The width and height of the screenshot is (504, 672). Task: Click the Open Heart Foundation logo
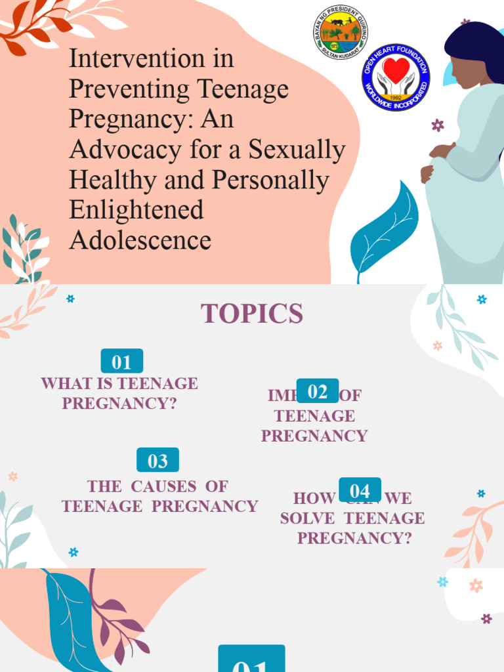[396, 77]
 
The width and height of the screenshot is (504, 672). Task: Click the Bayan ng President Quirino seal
[341, 32]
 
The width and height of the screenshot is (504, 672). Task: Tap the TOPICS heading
[252, 314]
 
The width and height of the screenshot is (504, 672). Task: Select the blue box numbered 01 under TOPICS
[121, 362]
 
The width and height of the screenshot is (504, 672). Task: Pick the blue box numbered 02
[318, 392]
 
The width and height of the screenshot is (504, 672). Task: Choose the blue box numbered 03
[157, 461]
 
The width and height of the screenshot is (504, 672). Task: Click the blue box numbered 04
[360, 491]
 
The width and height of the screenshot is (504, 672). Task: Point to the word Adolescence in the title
[140, 240]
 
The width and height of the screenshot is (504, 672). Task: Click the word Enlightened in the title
[136, 210]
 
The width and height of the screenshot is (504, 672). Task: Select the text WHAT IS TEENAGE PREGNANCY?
[119, 393]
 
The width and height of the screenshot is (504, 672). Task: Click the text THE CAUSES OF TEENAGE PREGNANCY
[159, 496]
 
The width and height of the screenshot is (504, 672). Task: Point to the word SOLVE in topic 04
[308, 518]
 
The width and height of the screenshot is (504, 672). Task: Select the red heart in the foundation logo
[396, 70]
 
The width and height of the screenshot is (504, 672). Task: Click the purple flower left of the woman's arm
[438, 125]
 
